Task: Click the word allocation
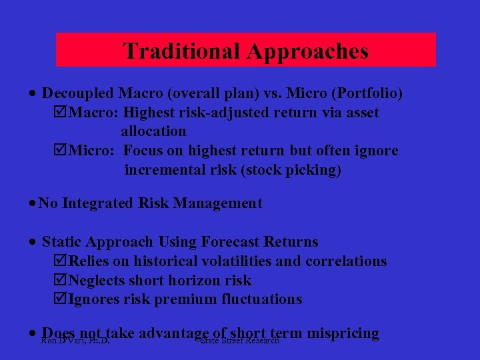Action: coord(153,131)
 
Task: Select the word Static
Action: coord(63,242)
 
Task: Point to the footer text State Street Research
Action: coord(239,341)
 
